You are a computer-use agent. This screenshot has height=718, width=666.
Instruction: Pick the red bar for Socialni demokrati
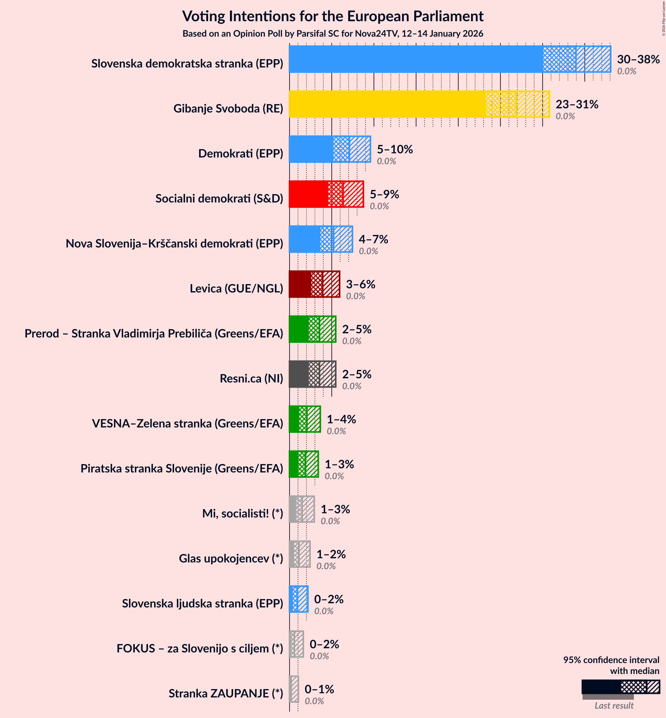pos(309,194)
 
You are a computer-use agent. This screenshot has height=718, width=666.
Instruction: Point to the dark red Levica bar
pos(300,284)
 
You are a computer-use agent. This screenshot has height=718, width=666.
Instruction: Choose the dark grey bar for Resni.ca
pos(299,374)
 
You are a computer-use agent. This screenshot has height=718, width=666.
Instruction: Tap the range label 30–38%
pos(638,59)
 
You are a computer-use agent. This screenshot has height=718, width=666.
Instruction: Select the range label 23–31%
pos(577,104)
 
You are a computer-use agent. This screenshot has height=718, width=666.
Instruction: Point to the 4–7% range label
pos(373,239)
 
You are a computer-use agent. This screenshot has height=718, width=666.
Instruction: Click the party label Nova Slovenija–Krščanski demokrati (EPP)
pos(174,243)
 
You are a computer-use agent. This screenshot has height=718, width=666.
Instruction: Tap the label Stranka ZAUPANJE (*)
pos(226,693)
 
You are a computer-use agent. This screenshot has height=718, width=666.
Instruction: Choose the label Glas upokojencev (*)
pos(231,558)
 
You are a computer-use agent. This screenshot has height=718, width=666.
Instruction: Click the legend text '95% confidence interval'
pos(611,660)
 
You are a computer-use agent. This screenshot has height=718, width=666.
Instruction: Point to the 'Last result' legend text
pos(613,705)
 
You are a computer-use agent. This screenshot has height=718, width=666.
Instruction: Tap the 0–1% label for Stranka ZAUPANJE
pos(319,689)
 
